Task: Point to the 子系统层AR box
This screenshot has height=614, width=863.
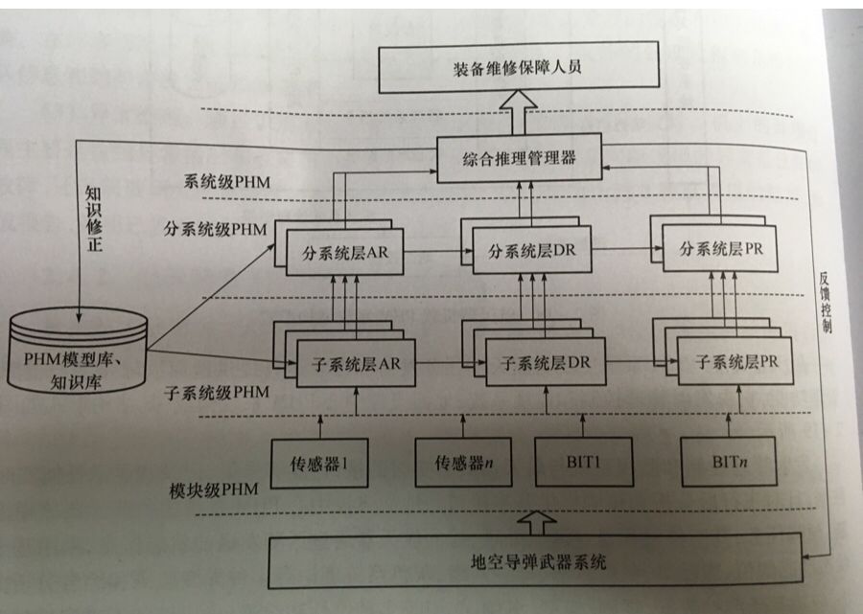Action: pos(350,364)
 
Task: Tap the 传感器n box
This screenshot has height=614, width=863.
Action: pos(457,462)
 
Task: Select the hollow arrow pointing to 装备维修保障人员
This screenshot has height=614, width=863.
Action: pos(519,106)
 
